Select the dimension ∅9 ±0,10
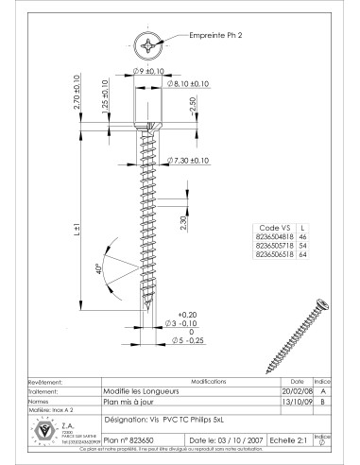pos(148,70)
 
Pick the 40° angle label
pos(98,270)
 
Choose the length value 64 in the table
pos(302,257)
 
